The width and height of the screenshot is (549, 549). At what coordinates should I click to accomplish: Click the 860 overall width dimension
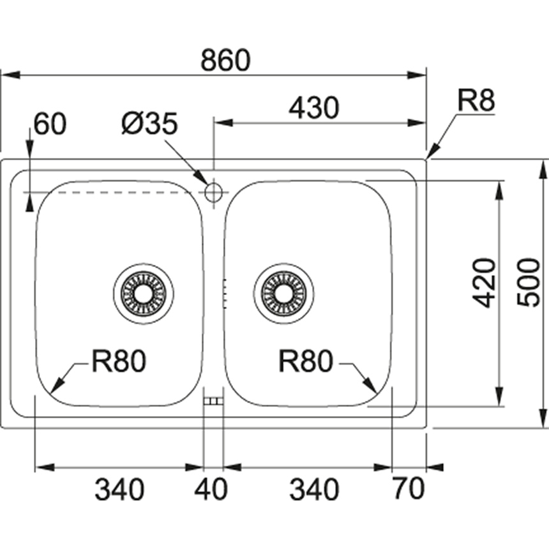tap(225, 60)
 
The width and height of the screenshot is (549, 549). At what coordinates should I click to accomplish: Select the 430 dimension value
tap(313, 109)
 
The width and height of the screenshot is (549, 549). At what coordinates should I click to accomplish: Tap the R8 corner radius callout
tap(476, 101)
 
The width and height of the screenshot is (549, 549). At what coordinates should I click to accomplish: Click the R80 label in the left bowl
tap(119, 362)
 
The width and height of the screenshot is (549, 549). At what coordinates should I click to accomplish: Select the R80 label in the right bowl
tap(306, 362)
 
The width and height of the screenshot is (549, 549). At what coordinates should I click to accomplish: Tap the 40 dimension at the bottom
tap(213, 490)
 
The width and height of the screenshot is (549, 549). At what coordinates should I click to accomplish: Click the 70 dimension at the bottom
tap(409, 490)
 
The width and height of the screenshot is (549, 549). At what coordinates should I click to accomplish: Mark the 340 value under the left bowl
tap(119, 490)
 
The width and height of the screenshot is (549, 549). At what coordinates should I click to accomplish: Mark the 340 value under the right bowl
tap(314, 490)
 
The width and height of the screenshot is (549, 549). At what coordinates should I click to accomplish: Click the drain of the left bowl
tap(143, 293)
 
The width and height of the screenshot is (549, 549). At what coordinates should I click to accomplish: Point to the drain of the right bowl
tap(283, 293)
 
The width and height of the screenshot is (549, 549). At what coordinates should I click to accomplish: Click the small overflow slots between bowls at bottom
tap(213, 401)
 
